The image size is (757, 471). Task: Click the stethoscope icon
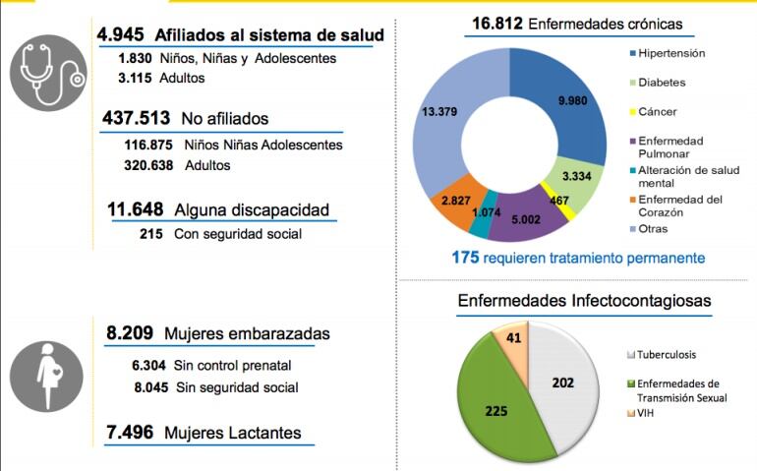pos(48,73)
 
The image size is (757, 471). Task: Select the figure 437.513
pos(137,119)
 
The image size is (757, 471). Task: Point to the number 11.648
pos(136,209)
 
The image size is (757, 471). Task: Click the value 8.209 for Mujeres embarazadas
pos(130,333)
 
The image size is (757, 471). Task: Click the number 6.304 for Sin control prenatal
pos(147,366)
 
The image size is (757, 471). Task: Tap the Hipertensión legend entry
pos(670,53)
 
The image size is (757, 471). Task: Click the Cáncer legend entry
pos(657,111)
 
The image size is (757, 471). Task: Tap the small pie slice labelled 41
pos(512,339)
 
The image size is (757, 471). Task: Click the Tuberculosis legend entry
pos(669,354)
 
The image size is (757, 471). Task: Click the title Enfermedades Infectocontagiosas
pos(584,300)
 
